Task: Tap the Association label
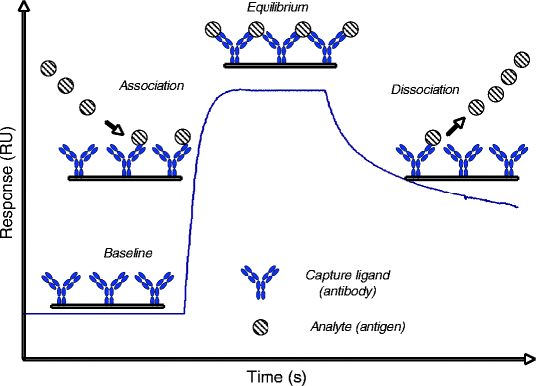click(x=151, y=86)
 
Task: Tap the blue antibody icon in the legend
click(x=259, y=282)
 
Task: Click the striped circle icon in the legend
click(x=260, y=325)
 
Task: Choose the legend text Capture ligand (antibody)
click(x=338, y=282)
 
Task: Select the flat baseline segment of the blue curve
click(x=100, y=314)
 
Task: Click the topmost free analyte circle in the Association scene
click(x=48, y=70)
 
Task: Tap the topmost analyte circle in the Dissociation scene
click(x=520, y=59)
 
